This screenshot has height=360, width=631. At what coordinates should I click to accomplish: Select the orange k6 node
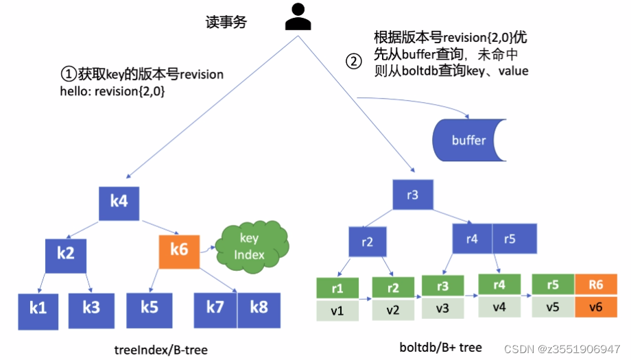click(x=179, y=250)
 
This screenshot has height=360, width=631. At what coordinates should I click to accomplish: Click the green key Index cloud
click(x=248, y=246)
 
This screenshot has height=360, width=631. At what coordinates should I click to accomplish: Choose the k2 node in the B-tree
click(x=66, y=252)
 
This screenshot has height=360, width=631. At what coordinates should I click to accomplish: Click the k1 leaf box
click(x=38, y=308)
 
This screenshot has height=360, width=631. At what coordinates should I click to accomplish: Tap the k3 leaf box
click(x=91, y=308)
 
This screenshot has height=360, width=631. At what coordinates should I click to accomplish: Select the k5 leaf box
click(x=149, y=307)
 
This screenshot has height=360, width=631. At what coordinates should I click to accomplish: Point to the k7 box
click(x=215, y=307)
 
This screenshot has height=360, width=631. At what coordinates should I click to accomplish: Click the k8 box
click(x=259, y=307)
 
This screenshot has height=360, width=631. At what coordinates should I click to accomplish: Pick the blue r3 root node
click(x=412, y=195)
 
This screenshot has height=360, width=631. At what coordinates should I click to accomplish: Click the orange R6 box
click(x=595, y=286)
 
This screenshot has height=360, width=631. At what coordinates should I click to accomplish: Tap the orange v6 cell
click(x=595, y=307)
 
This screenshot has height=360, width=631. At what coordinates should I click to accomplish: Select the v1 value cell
click(x=337, y=311)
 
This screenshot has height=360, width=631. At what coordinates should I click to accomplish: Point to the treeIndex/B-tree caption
click(x=160, y=350)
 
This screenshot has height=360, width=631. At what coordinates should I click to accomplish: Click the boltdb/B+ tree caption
click(x=440, y=347)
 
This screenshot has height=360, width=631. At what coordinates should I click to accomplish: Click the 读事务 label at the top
click(x=226, y=22)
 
